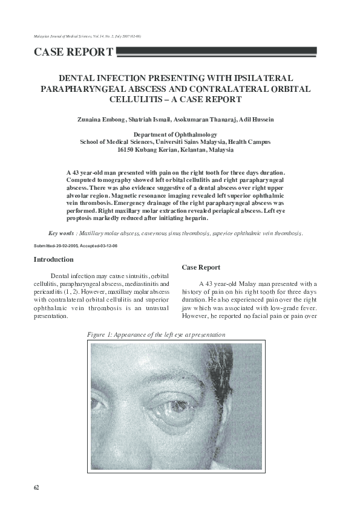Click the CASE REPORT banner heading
click(73, 52)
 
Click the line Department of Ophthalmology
click(175, 135)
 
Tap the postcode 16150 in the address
click(126, 149)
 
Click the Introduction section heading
click(53, 259)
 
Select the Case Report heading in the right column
click(201, 267)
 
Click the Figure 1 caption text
click(156, 334)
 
